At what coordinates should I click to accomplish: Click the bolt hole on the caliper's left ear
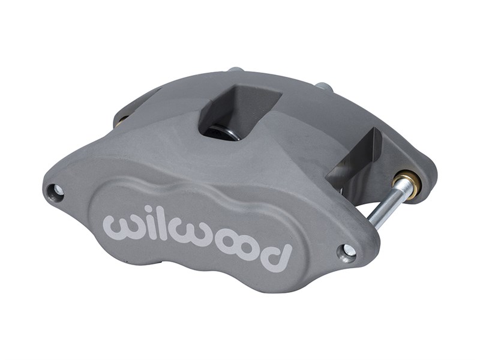58,191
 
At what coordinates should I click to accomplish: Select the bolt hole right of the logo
347,252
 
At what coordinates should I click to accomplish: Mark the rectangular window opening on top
237,111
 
